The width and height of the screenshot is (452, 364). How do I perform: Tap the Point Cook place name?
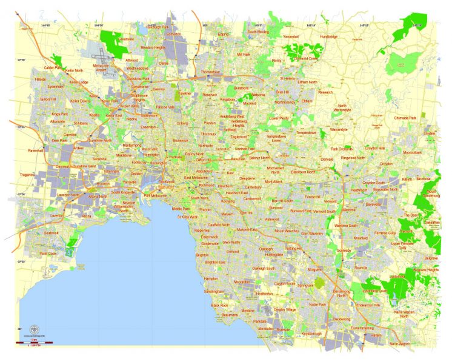pyautogui.click(x=48, y=254)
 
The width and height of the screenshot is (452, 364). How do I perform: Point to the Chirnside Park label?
pyautogui.click(x=405, y=118)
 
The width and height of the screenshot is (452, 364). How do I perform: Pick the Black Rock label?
pyautogui.click(x=219, y=305)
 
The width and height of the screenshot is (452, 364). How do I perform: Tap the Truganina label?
pyautogui.click(x=27, y=175)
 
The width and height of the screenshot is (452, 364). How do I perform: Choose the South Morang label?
pyautogui.click(x=258, y=32)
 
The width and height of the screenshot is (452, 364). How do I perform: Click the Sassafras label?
pyautogui.click(x=432, y=223)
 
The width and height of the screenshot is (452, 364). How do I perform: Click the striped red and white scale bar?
pyautogui.click(x=36, y=343)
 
